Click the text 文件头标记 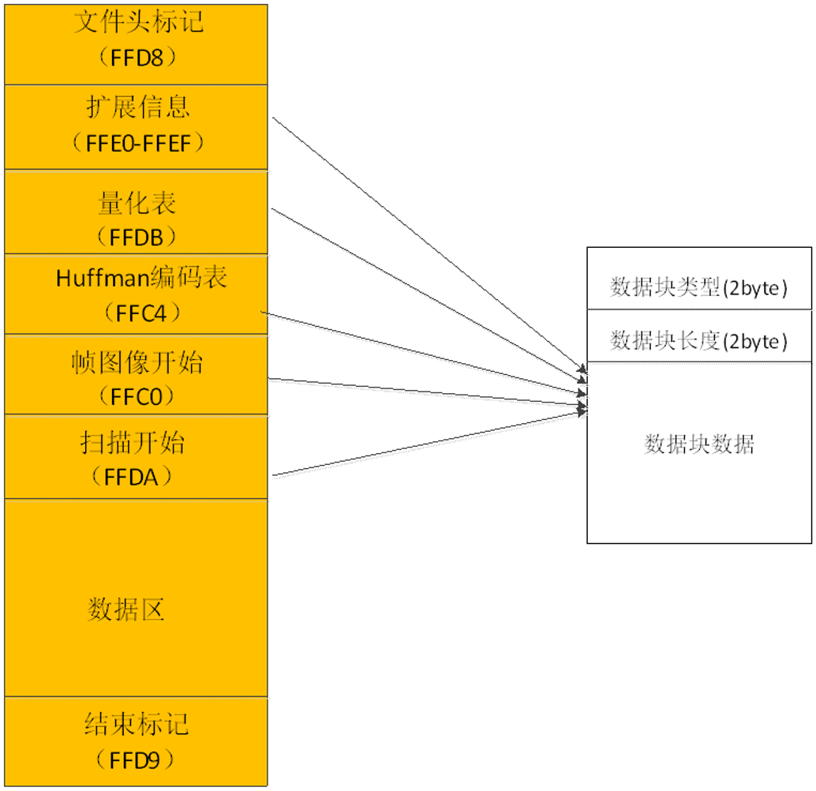tap(139, 21)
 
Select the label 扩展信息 tap(138, 107)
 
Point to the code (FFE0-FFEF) tap(138, 142)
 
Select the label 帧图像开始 tap(137, 362)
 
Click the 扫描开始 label tap(133, 442)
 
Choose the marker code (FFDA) tap(137, 476)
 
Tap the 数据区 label tap(126, 609)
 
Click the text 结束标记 tap(137, 724)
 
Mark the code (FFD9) tap(137, 759)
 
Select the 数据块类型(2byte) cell tap(699, 287)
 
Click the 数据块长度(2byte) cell tap(699, 340)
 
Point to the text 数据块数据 tap(699, 444)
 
